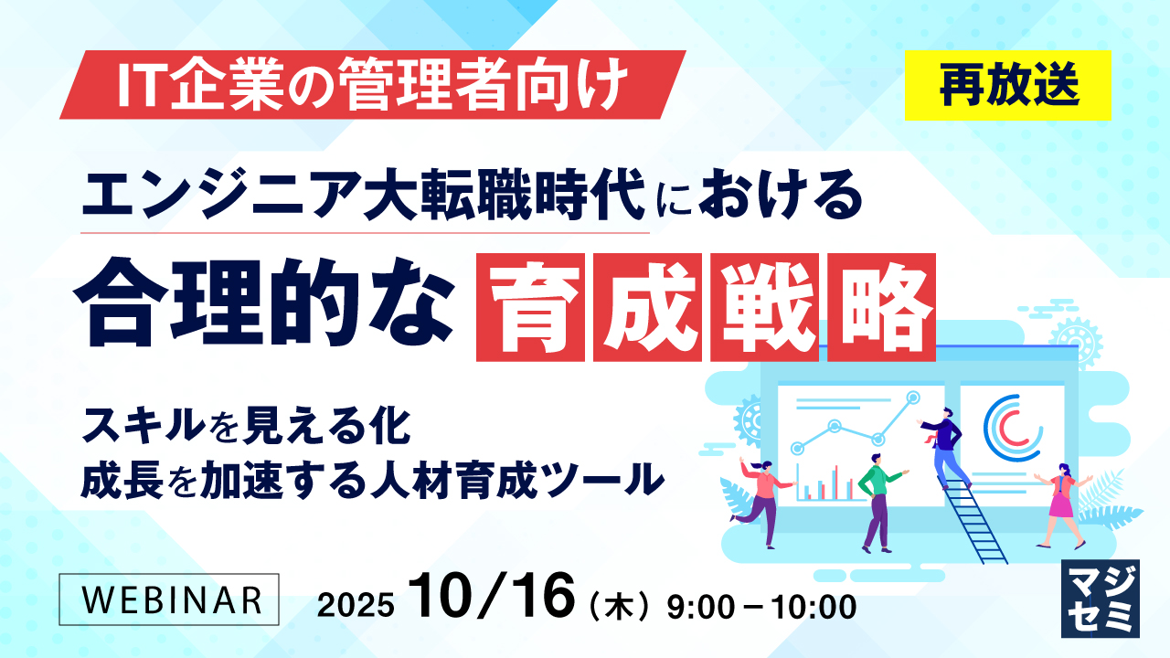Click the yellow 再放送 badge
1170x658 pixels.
pos(1007,85)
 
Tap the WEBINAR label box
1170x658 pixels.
pos(168,599)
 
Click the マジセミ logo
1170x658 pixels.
pos(1100,598)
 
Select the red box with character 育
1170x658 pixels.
pos(531,307)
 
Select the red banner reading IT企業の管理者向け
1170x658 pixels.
pos(373,85)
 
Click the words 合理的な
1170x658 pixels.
pos(265,304)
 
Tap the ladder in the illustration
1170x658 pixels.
pos(973,516)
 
